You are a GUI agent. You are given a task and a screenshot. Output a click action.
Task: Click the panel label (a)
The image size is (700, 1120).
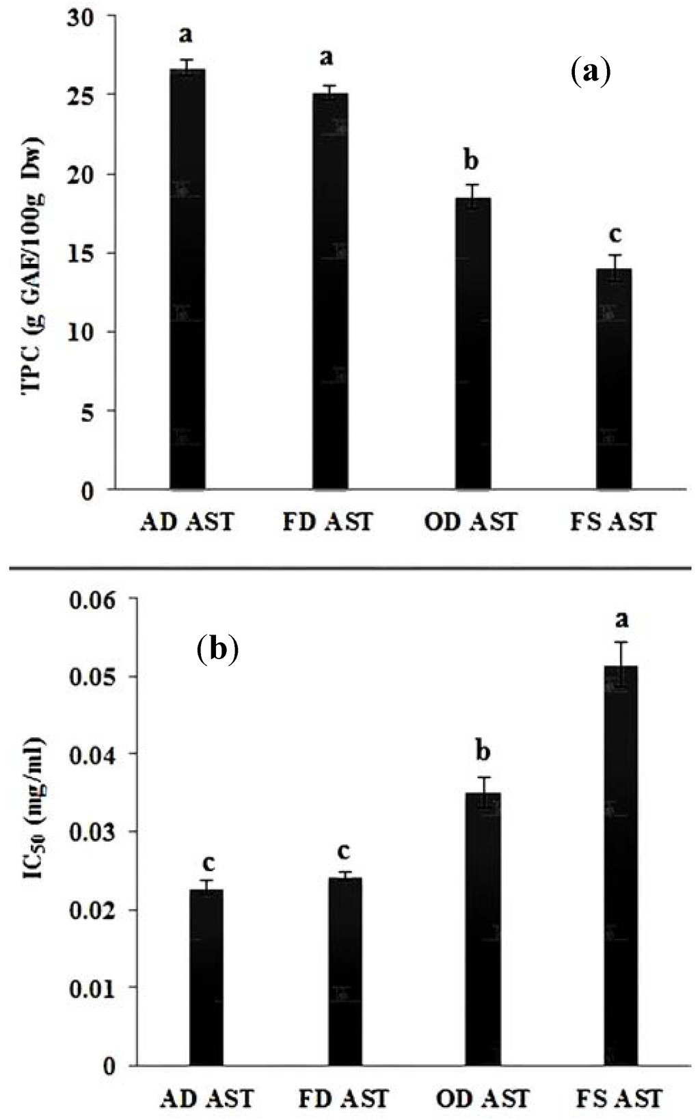pos(589,70)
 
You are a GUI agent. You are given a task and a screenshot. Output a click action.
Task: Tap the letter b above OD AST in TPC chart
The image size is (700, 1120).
pos(471,161)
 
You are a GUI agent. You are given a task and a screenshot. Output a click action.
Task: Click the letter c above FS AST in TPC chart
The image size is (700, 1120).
pos(615,235)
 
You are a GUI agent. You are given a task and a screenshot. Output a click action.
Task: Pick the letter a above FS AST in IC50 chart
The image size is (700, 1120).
pos(621,620)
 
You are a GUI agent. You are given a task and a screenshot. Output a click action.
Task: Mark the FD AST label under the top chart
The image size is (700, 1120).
pos(328,522)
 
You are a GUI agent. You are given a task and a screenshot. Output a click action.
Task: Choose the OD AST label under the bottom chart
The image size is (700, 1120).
pos(483,1098)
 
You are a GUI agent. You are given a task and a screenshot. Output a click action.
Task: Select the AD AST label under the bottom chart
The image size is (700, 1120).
pos(206,1098)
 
